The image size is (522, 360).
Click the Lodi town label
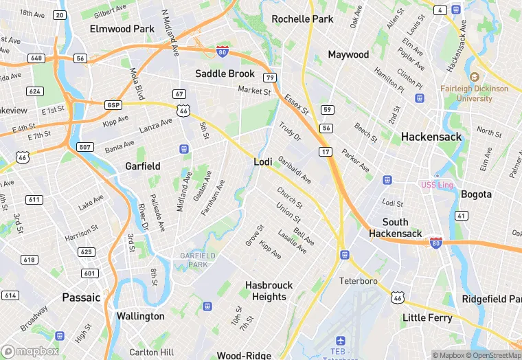pyautogui.click(x=263, y=162)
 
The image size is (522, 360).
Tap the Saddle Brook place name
pyautogui.click(x=225, y=74)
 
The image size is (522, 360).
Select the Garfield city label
pyautogui.click(x=143, y=166)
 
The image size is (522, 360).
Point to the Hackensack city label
pyautogui.click(x=431, y=137)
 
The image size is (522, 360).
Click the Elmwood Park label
pyautogui.click(x=122, y=29)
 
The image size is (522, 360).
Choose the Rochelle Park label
pyautogui.click(x=302, y=19)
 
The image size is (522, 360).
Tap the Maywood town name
pyautogui.click(x=348, y=54)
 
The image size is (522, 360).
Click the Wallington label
pyautogui.click(x=140, y=316)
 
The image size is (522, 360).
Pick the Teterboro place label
pyautogui.click(x=359, y=281)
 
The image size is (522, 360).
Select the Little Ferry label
pyautogui.click(x=427, y=317)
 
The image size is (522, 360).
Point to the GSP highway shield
pyautogui.click(x=113, y=104)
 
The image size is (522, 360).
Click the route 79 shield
pyautogui.click(x=271, y=78)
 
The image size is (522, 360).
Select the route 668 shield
pyautogui.click(x=36, y=58)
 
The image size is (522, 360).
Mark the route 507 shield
pyautogui.click(x=85, y=147)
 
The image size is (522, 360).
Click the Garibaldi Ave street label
pyautogui.click(x=295, y=170)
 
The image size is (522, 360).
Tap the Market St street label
pyautogui.click(x=254, y=90)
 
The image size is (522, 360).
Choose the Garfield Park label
pyautogui.click(x=197, y=260)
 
